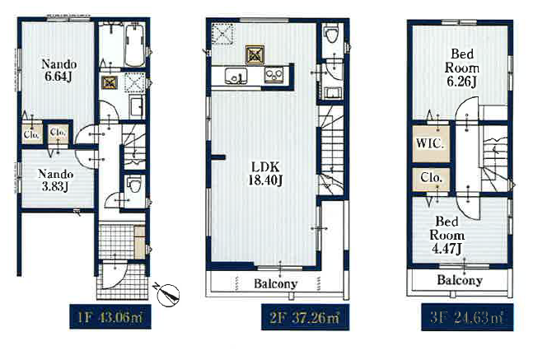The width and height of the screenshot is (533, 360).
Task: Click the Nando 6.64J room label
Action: (58, 70)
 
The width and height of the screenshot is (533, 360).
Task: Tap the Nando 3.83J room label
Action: (55, 180)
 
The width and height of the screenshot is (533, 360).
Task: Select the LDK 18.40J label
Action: (265, 173)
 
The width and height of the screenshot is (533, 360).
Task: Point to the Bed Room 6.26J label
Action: (462, 68)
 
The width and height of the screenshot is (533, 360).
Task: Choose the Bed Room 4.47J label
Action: (447, 236)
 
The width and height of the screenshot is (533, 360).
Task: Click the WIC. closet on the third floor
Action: (431, 144)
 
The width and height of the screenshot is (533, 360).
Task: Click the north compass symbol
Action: (168, 294)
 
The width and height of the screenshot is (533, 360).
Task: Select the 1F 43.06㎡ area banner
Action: (110, 317)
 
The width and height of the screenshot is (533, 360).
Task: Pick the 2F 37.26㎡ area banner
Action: (305, 317)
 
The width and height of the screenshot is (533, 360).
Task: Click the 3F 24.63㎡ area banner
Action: (467, 317)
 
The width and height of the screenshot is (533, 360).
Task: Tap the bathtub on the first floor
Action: (134, 45)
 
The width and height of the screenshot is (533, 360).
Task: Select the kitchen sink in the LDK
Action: (236, 75)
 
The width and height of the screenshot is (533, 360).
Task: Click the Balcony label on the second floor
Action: (276, 283)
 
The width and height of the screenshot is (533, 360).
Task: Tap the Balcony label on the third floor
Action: (460, 280)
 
